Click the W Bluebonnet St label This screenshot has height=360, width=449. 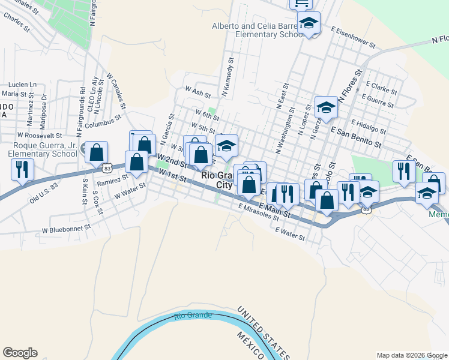click(x=65, y=229)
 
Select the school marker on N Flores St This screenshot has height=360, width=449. click(x=326, y=108)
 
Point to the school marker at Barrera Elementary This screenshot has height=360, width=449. click(x=309, y=25)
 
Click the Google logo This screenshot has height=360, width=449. click(x=20, y=353)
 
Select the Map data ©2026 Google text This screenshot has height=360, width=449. click(x=412, y=355)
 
